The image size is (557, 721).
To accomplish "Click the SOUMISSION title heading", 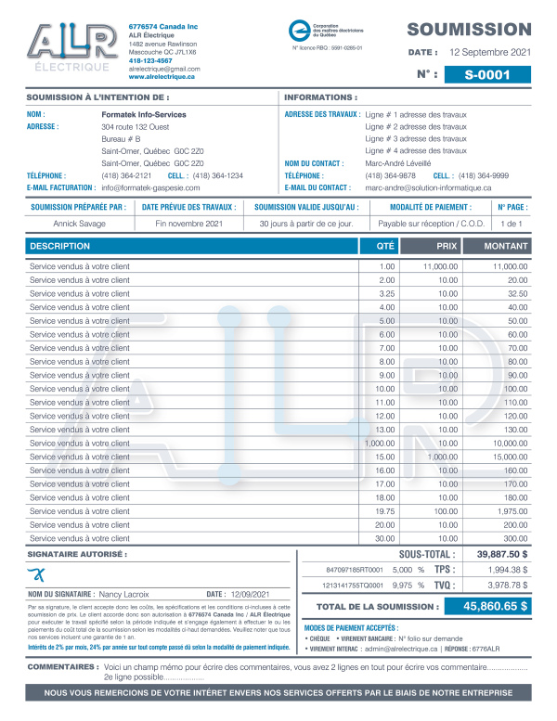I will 469,30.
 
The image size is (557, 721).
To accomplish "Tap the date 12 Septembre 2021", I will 490,53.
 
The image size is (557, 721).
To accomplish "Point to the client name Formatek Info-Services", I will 144,114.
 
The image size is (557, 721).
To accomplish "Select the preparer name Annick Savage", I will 79,224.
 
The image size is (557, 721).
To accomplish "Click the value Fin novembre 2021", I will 189,224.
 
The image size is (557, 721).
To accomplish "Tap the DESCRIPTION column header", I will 60,246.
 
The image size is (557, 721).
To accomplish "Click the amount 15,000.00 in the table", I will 510,457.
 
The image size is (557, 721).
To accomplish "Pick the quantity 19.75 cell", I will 385,511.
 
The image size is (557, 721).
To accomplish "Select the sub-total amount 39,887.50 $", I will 502,554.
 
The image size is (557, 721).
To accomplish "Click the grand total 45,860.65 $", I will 487,607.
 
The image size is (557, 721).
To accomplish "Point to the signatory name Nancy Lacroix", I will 123,594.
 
